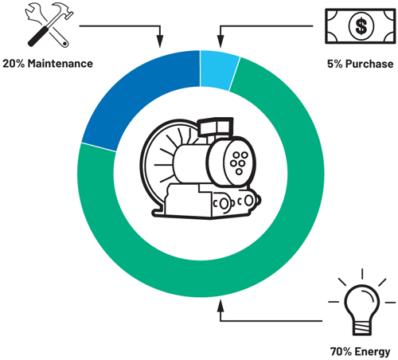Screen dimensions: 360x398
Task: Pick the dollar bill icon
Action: tap(359, 26)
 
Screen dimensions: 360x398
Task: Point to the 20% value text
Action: tap(16, 63)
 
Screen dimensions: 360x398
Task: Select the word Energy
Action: tap(372, 350)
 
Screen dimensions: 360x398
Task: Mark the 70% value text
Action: tap(341, 350)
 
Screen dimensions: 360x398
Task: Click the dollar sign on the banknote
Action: tap(361, 26)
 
